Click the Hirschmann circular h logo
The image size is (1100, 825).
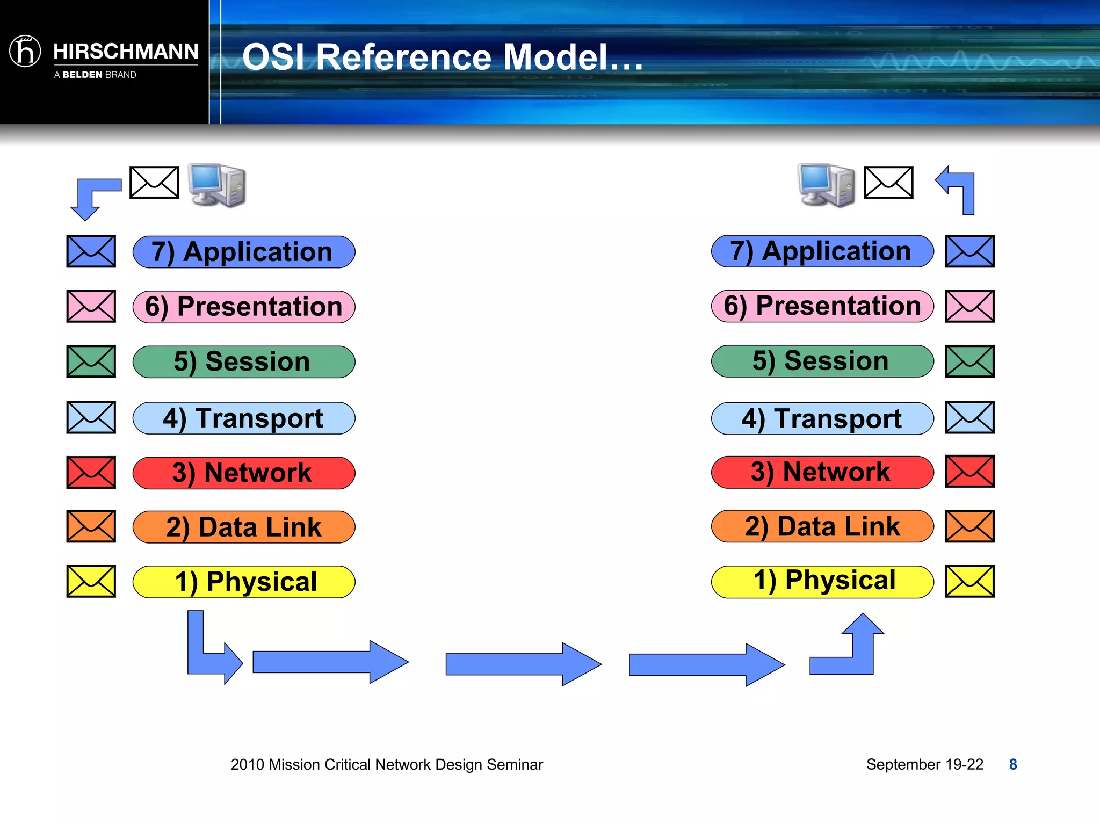click(x=25, y=52)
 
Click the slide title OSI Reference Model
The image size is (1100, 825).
click(x=442, y=57)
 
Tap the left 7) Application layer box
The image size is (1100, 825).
click(x=243, y=252)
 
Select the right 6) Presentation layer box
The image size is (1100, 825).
click(x=822, y=306)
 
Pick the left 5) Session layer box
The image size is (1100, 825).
click(x=243, y=362)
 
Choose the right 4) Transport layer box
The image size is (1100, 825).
click(x=822, y=418)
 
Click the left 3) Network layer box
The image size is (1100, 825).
click(x=243, y=473)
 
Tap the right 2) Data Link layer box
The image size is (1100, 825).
click(x=822, y=526)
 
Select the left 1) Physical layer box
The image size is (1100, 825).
click(x=243, y=582)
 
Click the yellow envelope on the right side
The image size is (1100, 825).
click(x=969, y=581)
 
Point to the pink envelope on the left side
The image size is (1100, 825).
click(x=91, y=306)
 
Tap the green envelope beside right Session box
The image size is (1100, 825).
click(x=969, y=361)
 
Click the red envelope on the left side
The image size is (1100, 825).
click(x=91, y=473)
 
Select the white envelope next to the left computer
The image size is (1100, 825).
click(x=154, y=183)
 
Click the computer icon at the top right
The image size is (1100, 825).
click(x=826, y=185)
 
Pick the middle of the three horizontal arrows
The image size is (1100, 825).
click(x=523, y=664)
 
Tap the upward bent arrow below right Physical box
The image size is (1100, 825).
click(x=854, y=650)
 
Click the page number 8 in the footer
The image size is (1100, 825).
click(x=1012, y=764)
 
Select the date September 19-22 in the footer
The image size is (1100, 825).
click(x=924, y=764)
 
